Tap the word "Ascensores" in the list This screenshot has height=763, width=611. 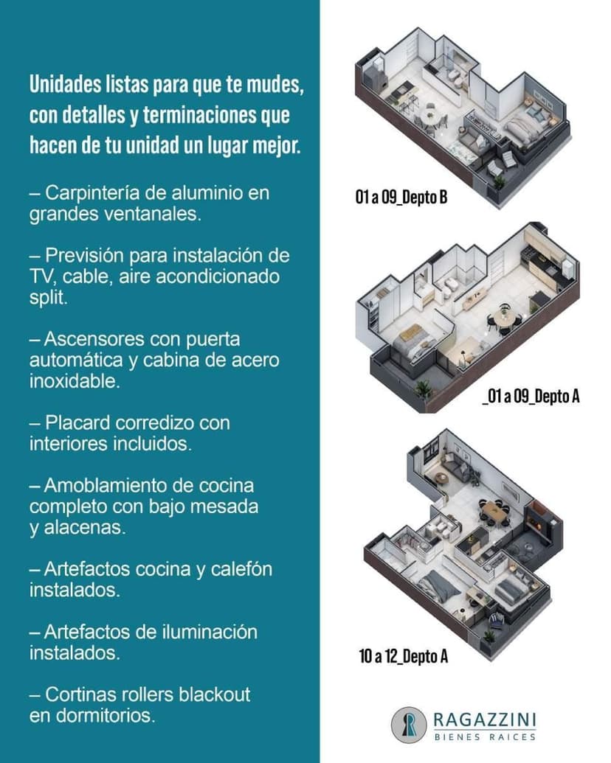pos(94,338)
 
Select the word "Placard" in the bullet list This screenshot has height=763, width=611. pos(78,423)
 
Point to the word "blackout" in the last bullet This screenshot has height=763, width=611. pos(215,694)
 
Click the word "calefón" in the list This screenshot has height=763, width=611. pos(241,569)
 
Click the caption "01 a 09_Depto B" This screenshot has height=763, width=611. pos(401,197)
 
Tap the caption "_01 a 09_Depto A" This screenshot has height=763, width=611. pos(531,396)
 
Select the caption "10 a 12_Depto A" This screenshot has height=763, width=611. pos(404,656)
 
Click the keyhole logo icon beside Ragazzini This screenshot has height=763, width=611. pos(409,725)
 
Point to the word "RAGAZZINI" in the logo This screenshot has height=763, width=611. pos(485,720)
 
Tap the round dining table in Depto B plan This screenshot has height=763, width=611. pos(429,116)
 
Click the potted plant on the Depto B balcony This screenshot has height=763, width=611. pos(498,183)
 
